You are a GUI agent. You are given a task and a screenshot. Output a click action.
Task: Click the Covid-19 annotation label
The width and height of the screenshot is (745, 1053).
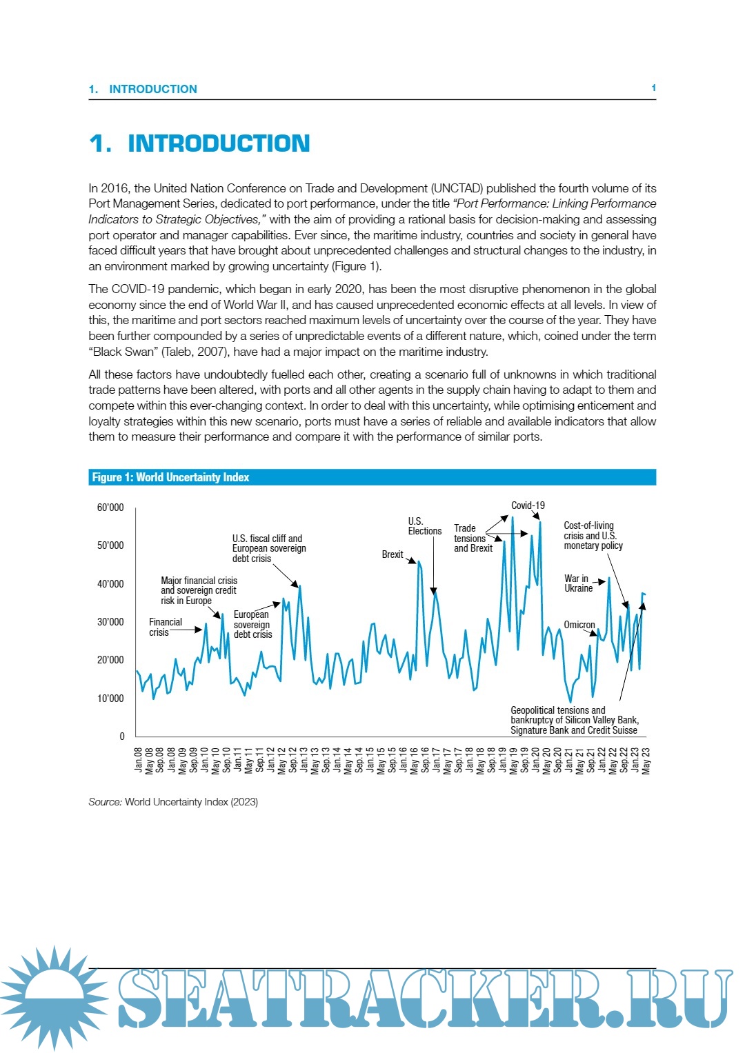(x=528, y=505)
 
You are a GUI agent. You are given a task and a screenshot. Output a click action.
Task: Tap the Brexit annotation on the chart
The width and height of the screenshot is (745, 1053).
(x=393, y=554)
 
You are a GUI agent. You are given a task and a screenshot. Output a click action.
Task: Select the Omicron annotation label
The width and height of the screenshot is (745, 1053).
(x=579, y=625)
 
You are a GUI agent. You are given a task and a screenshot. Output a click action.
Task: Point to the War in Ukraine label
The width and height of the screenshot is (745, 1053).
(x=578, y=583)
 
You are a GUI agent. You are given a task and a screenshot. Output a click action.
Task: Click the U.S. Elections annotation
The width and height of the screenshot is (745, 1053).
(x=424, y=526)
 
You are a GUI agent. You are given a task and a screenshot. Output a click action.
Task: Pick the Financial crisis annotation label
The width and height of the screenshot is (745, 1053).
(x=165, y=627)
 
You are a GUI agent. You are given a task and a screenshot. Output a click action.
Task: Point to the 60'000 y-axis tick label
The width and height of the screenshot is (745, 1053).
(x=110, y=508)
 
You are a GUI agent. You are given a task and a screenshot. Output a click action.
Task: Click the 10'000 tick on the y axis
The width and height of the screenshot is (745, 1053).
(x=110, y=699)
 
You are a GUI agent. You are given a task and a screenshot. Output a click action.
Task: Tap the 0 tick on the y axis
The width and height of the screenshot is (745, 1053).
(x=122, y=736)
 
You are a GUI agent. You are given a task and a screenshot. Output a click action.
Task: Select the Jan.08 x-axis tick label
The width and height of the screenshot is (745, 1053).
(x=139, y=759)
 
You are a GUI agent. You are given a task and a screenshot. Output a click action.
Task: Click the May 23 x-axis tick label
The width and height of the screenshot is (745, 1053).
(x=646, y=761)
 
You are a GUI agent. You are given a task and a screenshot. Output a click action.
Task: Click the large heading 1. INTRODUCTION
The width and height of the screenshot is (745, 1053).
(x=199, y=143)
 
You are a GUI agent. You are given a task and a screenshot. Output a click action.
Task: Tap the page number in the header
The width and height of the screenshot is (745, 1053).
(x=653, y=88)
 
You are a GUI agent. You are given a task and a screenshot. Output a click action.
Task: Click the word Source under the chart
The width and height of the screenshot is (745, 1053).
(x=105, y=802)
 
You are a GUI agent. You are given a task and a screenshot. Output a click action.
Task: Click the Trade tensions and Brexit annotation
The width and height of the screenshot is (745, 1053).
(x=473, y=539)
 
